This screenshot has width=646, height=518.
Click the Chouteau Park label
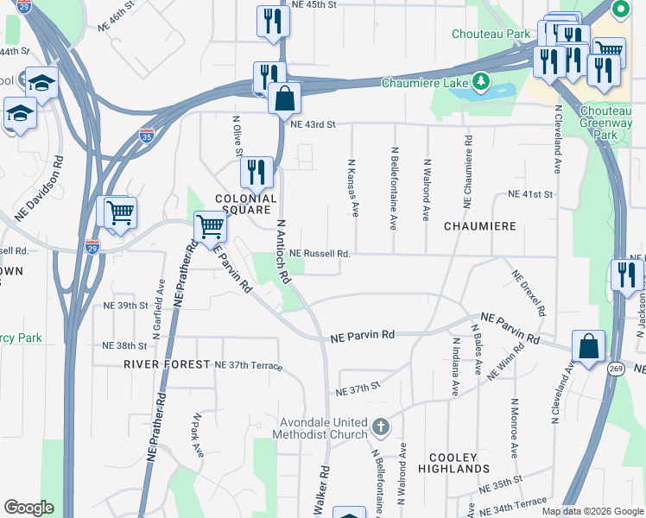(491, 35)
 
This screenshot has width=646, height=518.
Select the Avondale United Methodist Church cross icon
(380, 426)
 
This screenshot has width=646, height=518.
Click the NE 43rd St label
(313, 124)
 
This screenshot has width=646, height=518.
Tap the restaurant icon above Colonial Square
(256, 173)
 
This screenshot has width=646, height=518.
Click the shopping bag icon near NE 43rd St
(284, 99)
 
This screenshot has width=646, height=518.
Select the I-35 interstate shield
(148, 135)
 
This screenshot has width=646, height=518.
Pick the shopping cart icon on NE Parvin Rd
(210, 228)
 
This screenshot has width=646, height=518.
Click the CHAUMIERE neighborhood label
(479, 226)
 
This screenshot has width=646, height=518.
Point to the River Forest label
(167, 364)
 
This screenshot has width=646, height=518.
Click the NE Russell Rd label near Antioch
(320, 254)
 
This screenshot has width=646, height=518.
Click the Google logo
(28, 508)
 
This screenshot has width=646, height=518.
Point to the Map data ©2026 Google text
(592, 511)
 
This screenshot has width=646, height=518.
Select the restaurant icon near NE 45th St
(273, 22)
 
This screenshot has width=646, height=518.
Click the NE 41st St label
(530, 194)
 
